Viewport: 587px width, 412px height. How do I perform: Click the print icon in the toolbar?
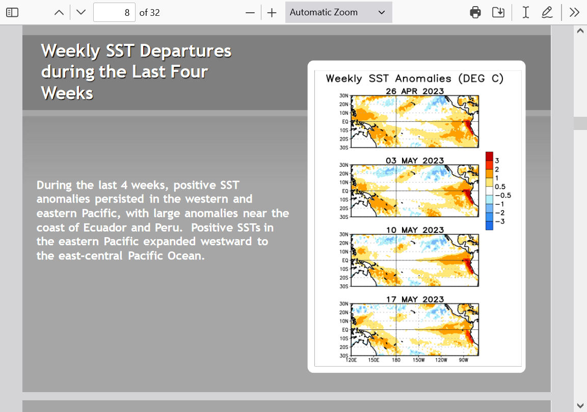475,12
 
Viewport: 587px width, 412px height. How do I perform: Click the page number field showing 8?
114,12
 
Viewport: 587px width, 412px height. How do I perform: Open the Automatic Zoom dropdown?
338,12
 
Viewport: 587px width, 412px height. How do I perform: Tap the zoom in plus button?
272,13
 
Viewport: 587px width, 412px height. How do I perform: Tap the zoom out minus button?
250,13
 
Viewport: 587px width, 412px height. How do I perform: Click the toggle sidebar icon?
12,12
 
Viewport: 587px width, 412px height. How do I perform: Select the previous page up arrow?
59,12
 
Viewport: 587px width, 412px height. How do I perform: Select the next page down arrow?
81,12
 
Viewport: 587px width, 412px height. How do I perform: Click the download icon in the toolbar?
498,12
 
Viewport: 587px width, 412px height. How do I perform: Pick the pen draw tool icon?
547,12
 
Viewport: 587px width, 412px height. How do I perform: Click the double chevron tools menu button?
574,12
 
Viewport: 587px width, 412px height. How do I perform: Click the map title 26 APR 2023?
415,91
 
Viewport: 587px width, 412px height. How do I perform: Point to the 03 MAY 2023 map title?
415,160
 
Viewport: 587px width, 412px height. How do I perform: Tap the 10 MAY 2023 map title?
415,229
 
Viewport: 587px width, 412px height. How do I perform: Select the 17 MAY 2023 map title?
415,299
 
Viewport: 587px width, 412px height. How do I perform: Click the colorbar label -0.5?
503,195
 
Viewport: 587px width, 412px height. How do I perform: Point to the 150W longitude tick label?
418,360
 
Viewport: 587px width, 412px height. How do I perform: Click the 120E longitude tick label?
351,360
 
